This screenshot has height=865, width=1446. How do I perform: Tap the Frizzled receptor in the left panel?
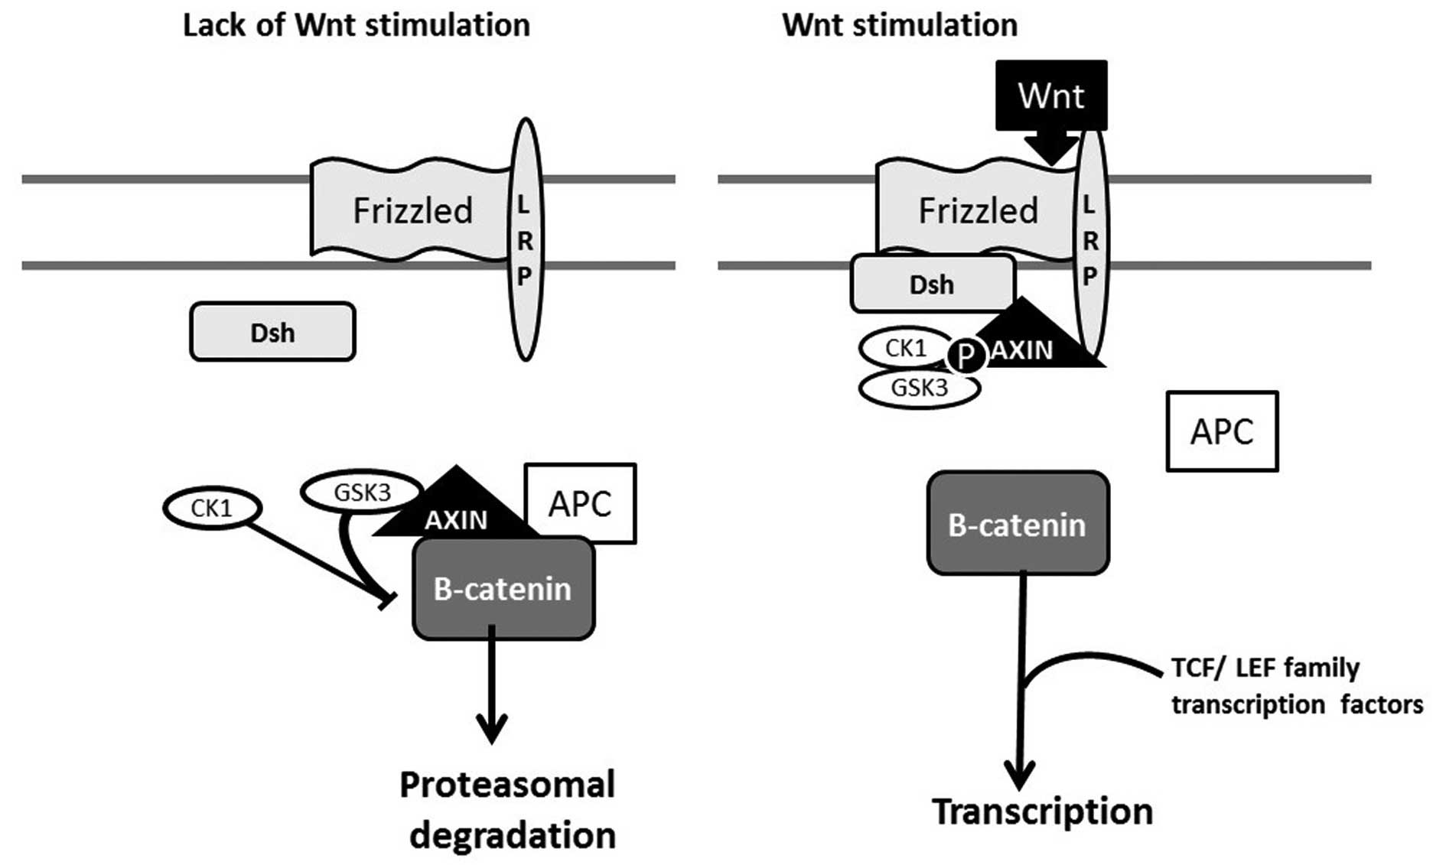(x=412, y=210)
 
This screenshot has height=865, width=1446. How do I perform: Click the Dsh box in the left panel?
(x=272, y=332)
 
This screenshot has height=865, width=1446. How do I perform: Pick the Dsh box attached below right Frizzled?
(x=932, y=285)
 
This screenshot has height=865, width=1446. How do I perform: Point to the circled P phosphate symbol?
(x=966, y=355)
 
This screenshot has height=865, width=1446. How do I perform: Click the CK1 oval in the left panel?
(x=212, y=508)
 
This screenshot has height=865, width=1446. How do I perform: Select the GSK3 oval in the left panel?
(x=362, y=493)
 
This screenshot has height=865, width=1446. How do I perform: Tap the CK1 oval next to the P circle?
(x=905, y=348)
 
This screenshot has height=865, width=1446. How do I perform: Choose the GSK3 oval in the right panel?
(x=919, y=388)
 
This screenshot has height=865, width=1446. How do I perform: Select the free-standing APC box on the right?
(x=1222, y=431)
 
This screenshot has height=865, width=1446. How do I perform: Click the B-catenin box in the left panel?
(x=503, y=589)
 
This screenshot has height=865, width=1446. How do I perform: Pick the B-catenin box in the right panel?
(x=1017, y=524)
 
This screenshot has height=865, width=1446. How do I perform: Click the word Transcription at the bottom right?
(x=1042, y=811)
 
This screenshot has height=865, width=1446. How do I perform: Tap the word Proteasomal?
(x=507, y=785)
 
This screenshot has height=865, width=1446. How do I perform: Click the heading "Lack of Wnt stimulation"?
(x=356, y=25)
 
